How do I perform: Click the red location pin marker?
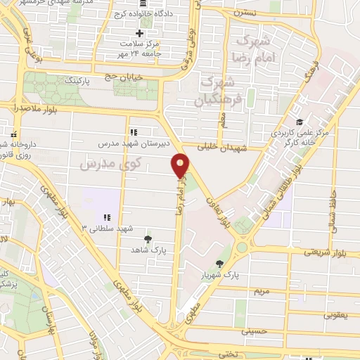[181, 165]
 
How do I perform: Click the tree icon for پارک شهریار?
[220, 264]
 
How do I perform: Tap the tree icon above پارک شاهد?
[147, 239]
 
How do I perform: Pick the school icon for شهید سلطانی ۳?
[107, 217]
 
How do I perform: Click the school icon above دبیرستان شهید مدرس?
[133, 131]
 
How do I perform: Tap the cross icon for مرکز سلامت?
[139, 32]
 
